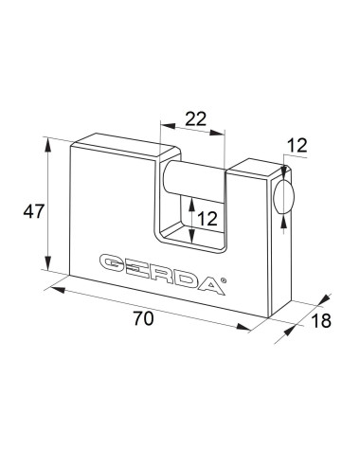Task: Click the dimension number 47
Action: click(33, 211)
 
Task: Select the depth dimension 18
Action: click(321, 320)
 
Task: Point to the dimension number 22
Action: click(195, 118)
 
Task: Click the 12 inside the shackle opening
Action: click(207, 219)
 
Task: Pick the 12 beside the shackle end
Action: click(297, 146)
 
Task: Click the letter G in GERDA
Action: click(113, 263)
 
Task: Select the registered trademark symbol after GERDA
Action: click(223, 279)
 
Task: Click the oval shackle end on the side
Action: click(283, 196)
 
